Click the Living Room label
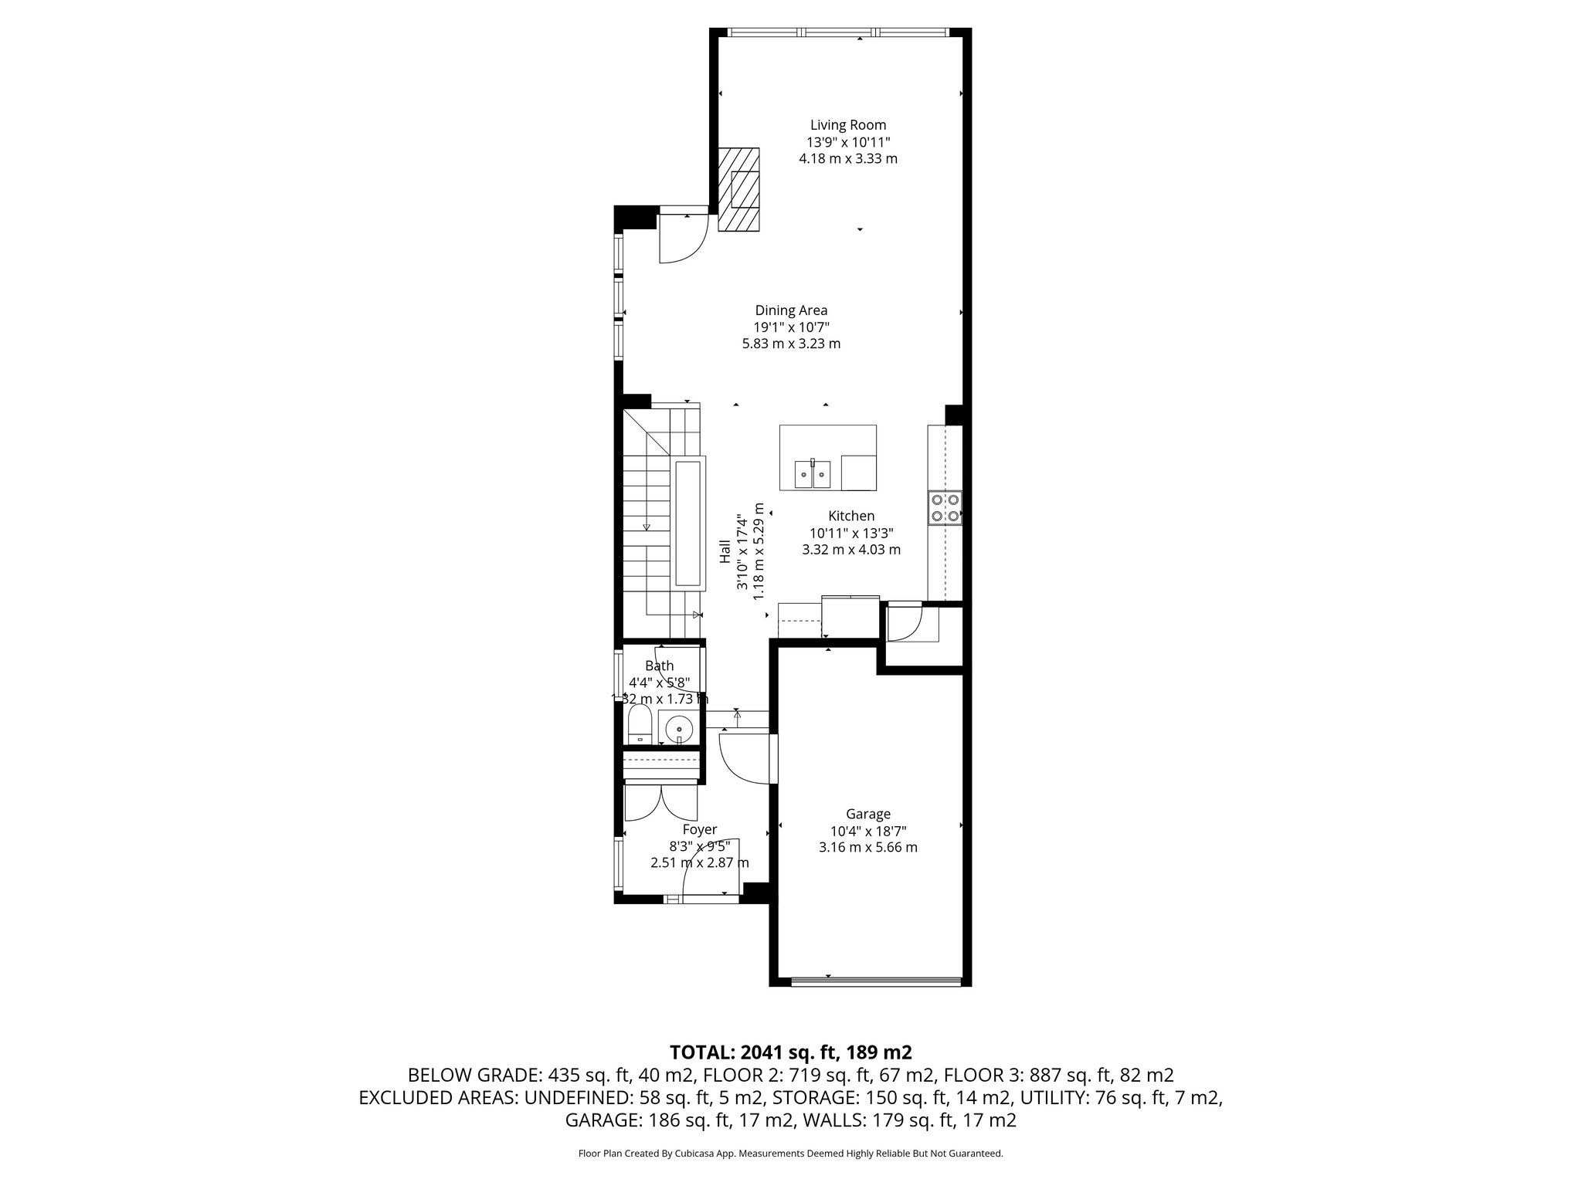[847, 125]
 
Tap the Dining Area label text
[791, 310]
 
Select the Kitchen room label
[851, 516]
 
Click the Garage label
[867, 814]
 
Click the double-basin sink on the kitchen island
[813, 473]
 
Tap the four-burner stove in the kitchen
[945, 508]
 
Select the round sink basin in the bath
[679, 727]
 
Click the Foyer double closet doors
[660, 803]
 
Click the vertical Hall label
[725, 551]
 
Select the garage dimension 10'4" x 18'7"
[867, 831]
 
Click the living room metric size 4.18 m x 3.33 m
[847, 159]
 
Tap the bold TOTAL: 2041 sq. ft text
[790, 1052]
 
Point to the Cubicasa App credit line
[790, 1154]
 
